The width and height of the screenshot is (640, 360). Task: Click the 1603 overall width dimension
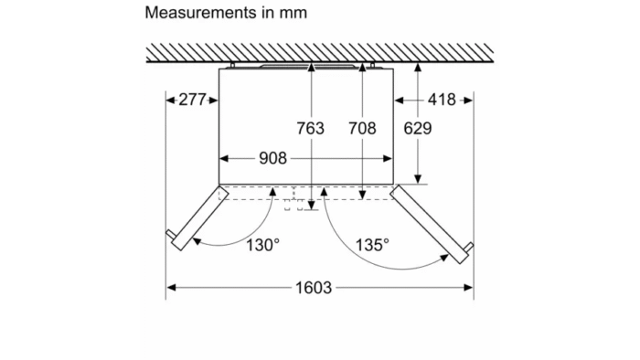tap(314, 288)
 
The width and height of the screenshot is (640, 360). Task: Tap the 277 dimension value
tap(192, 100)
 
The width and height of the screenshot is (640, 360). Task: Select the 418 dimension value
tap(442, 100)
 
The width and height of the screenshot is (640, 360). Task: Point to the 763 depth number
tap(310, 129)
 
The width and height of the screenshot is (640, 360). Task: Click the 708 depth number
tap(362, 129)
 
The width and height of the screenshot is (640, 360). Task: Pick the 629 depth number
tap(418, 129)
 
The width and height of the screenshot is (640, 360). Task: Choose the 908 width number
tap(273, 158)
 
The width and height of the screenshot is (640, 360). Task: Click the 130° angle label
tap(263, 245)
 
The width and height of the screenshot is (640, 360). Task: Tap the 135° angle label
tap(372, 245)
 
